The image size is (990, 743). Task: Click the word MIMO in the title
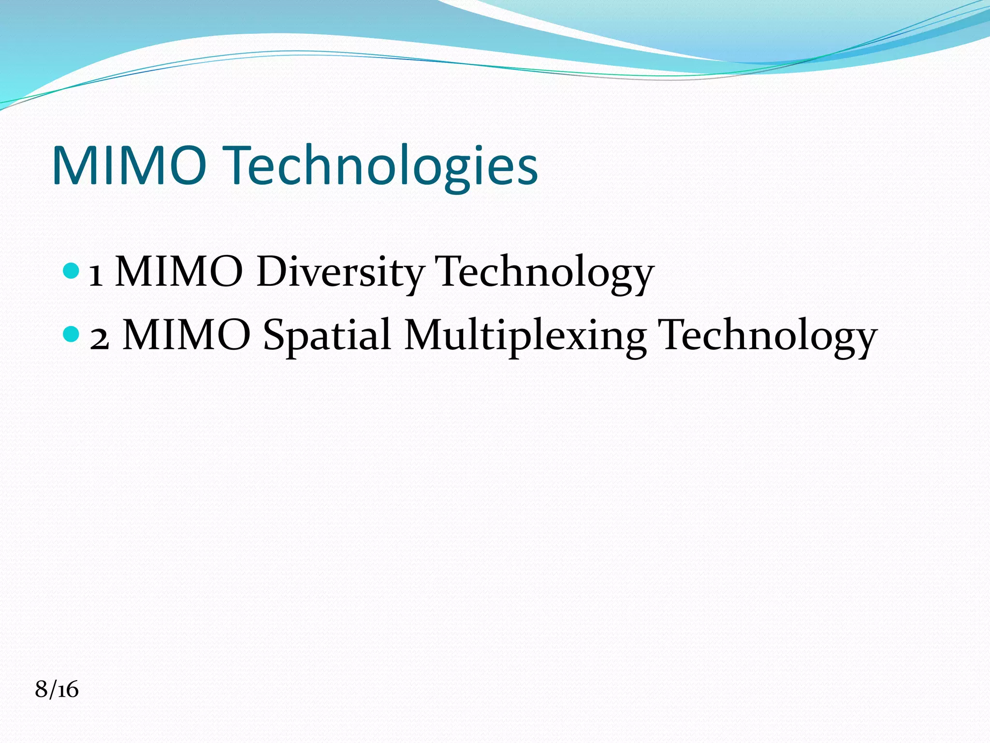129,165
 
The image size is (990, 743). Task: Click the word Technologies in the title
382,166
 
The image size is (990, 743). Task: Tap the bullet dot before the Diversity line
71,270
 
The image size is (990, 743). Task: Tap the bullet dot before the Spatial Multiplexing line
71,334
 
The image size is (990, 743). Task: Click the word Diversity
340,272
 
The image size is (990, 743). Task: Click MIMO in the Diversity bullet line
179,272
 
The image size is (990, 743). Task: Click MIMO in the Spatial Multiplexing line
187,335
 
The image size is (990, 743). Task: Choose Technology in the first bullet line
544,272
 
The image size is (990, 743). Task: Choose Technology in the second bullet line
768,335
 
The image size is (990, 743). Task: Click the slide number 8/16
57,689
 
